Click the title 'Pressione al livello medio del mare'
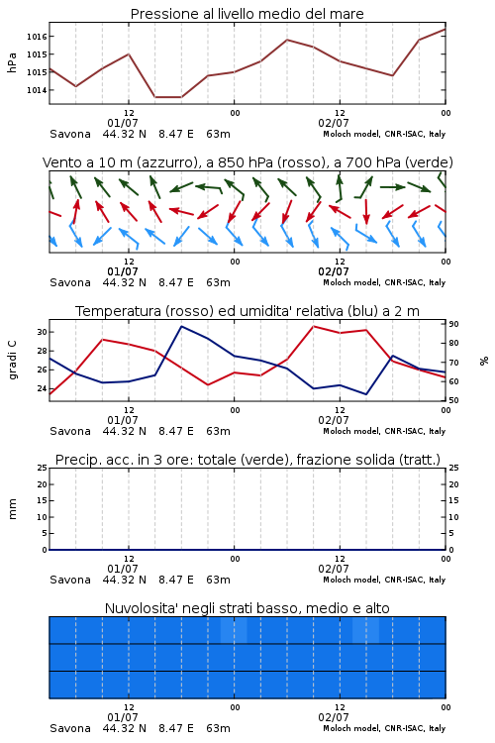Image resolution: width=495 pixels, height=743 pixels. [247, 14]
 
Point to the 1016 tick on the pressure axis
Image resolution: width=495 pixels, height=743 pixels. [37, 37]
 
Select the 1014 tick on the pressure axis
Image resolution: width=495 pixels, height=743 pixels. [37, 90]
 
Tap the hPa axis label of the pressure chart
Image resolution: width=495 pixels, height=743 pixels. [12, 62]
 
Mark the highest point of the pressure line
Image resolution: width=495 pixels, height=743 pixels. [445, 29]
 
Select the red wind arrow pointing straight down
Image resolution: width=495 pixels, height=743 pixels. [366, 211]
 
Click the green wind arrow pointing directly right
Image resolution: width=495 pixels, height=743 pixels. [393, 187]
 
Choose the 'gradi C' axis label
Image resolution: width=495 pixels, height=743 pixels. [13, 360]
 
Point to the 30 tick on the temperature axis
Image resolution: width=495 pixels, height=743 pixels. [43, 332]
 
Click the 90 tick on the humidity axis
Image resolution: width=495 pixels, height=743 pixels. [453, 324]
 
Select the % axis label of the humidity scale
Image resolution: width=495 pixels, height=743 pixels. [484, 361]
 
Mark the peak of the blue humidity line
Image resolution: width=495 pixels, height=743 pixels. [181, 326]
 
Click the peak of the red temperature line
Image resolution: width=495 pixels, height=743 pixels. [313, 326]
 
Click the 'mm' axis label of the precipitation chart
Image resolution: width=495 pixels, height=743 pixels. [13, 509]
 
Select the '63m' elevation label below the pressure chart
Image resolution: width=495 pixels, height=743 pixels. [219, 134]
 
